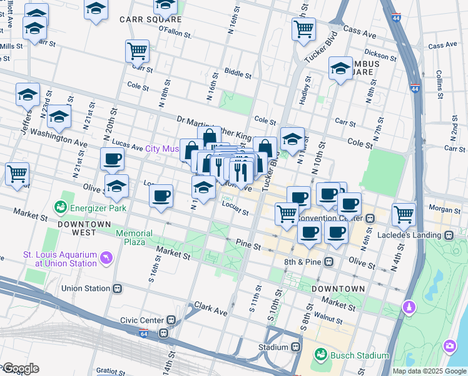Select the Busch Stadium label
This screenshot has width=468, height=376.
pos(359,355)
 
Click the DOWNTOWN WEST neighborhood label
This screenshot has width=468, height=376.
pos(84,224)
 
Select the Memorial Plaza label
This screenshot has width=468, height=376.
pos(134,238)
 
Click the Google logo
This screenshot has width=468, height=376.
pos(20,368)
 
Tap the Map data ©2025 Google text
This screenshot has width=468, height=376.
pos(429,371)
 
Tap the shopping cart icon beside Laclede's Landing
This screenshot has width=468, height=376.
pos(404,214)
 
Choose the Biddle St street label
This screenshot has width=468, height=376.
pos(238,74)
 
